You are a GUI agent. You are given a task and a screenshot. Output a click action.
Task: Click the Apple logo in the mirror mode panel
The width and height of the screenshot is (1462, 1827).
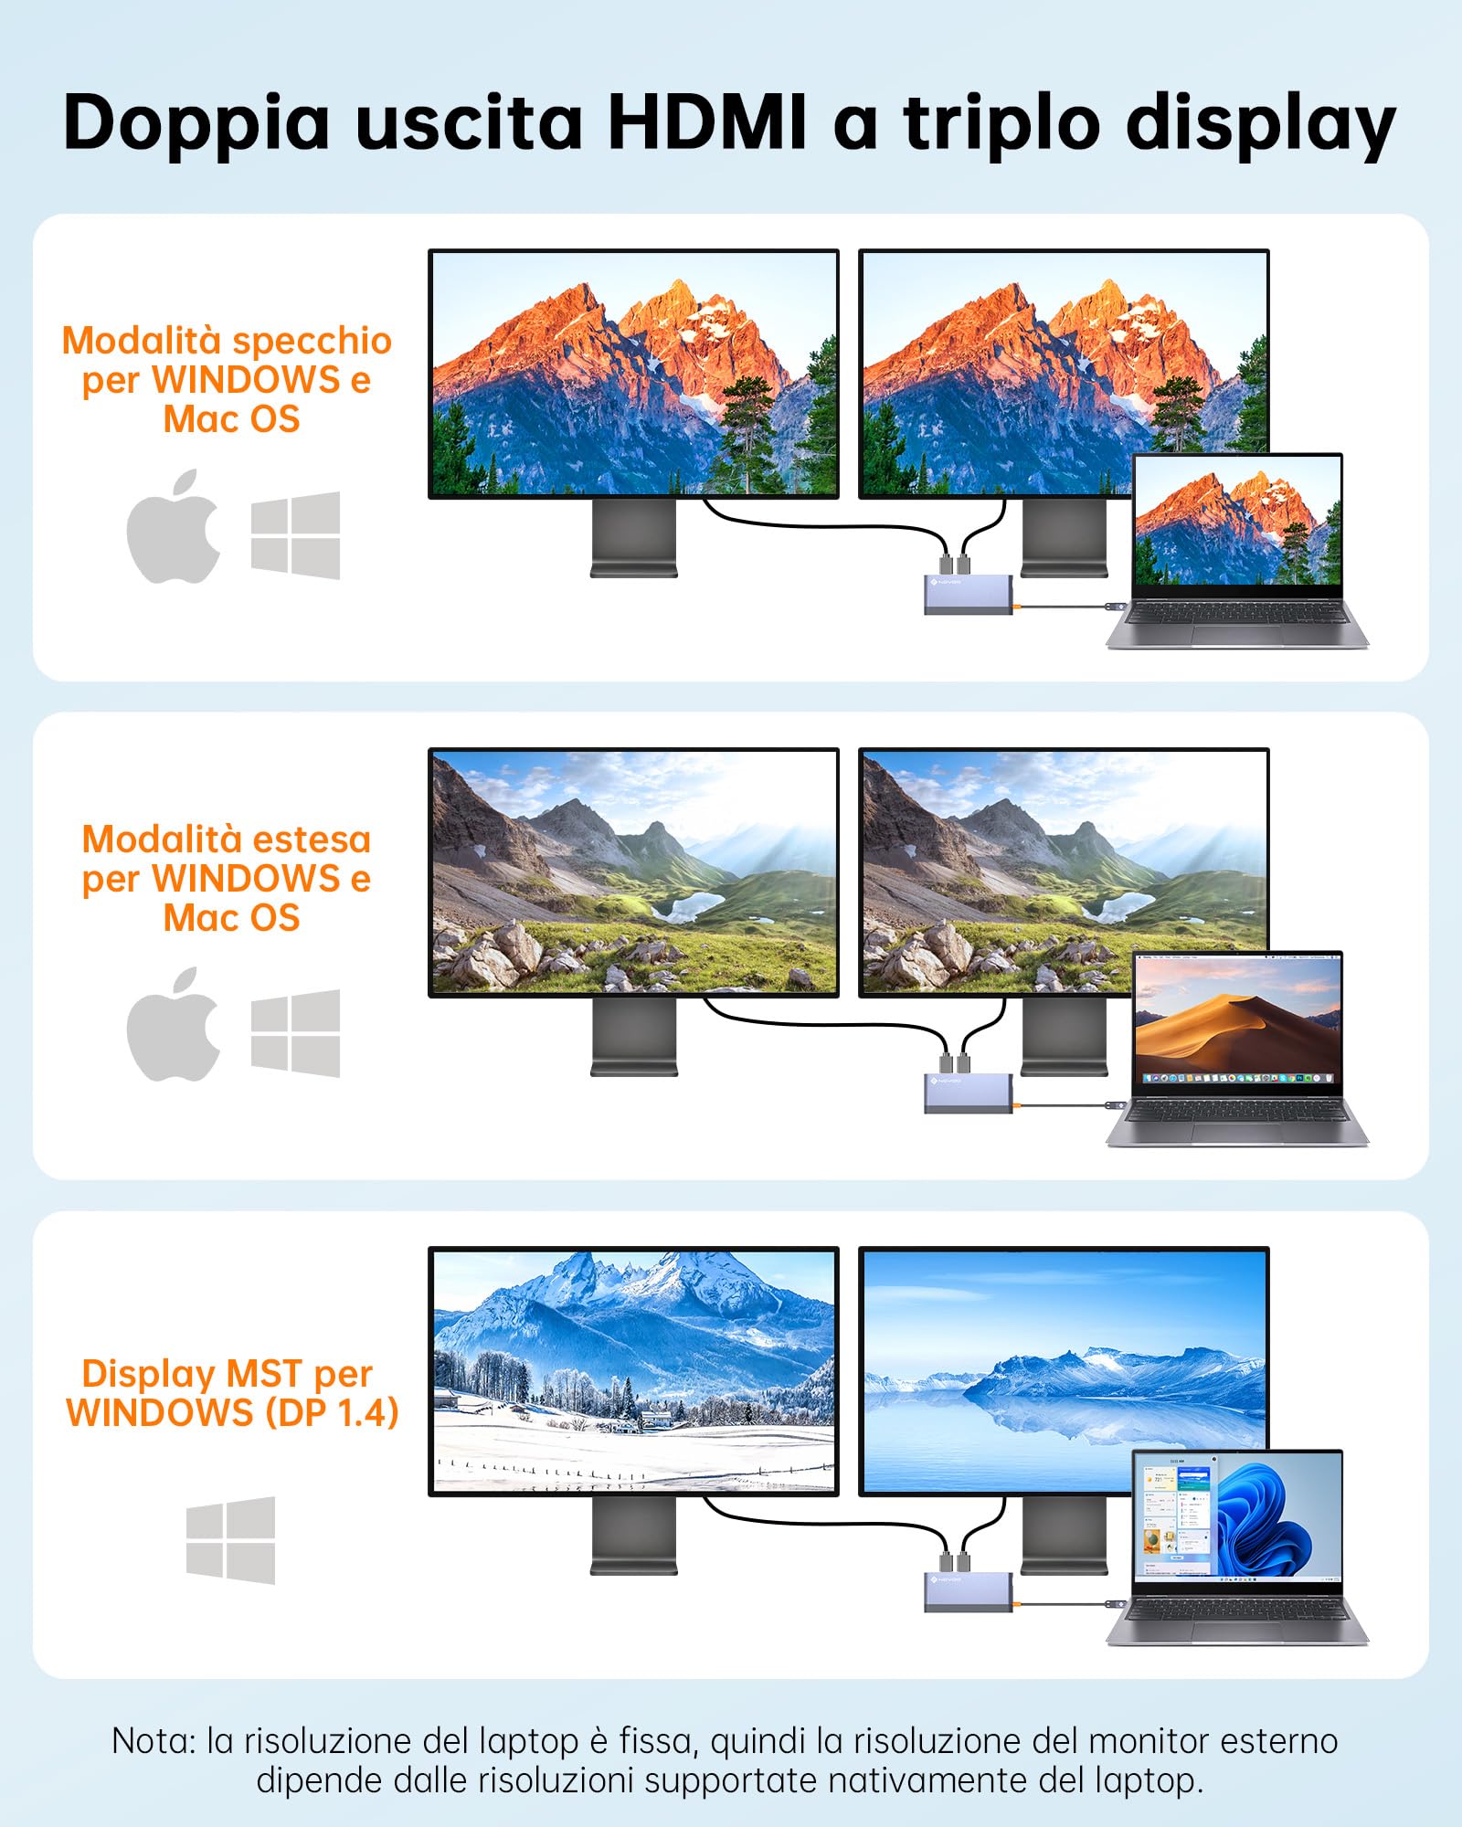click(x=174, y=527)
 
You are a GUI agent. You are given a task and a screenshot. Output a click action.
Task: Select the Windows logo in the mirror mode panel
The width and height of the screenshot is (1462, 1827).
click(x=295, y=535)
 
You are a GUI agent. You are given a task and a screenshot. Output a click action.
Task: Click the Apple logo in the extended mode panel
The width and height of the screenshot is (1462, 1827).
click(x=174, y=1025)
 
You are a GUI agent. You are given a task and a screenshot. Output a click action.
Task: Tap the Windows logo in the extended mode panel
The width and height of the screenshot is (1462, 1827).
click(x=295, y=1033)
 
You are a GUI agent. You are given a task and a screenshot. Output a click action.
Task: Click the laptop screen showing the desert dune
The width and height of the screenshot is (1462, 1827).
click(x=1237, y=1019)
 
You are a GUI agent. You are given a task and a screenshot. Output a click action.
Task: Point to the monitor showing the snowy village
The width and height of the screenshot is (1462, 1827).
click(x=633, y=1370)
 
